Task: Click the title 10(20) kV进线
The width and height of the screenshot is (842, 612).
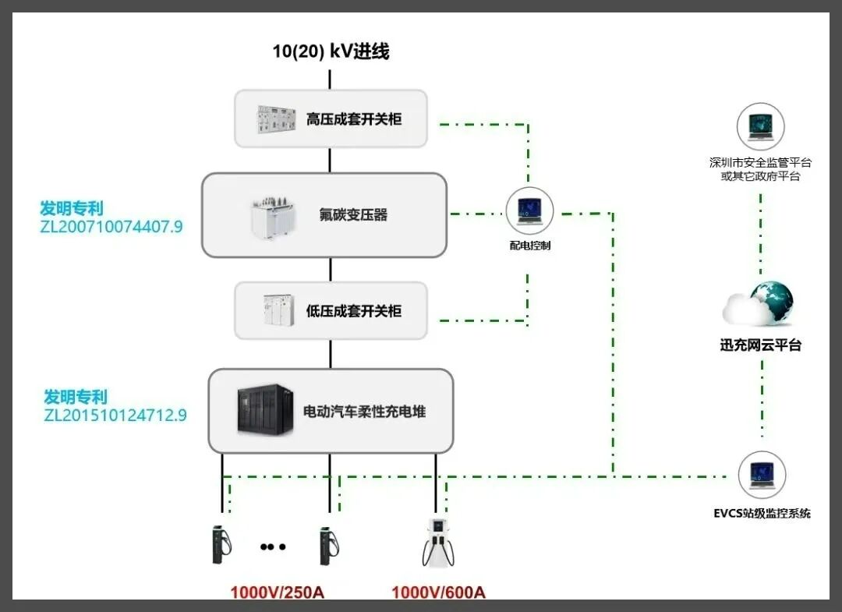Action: coord(331,52)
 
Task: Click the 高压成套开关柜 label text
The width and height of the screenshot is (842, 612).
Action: coord(354,119)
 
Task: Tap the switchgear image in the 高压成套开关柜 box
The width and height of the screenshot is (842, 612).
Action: coord(277,119)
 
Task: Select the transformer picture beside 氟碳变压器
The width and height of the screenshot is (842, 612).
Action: coord(274,216)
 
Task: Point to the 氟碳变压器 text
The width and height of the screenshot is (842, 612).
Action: coord(353,214)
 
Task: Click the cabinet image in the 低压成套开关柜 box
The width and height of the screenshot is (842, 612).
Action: coord(277,310)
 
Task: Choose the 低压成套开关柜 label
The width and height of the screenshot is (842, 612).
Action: coord(354,311)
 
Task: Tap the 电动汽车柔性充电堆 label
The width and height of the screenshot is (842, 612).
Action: coord(365,411)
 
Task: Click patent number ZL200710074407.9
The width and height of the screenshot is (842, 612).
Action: coord(111,228)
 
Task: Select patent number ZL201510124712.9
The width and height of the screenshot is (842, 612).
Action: coord(115,415)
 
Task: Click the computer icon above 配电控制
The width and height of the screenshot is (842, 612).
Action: coord(529,210)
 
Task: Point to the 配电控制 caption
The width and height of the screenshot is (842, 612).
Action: coord(530,246)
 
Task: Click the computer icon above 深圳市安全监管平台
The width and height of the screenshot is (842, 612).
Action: coord(760,126)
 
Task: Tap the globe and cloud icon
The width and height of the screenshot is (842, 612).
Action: coord(759,304)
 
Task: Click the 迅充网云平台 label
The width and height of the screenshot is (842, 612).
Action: coord(760,345)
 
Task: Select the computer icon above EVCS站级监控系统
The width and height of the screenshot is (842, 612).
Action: coord(762,475)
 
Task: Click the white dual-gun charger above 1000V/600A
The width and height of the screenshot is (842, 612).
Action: coord(440,540)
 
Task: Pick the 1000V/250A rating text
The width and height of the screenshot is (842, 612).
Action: coord(277,593)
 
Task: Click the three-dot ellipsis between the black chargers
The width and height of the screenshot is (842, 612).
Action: coord(273,547)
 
